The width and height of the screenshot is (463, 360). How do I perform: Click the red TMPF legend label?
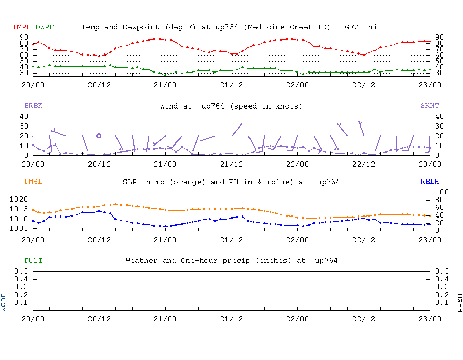pos(22,27)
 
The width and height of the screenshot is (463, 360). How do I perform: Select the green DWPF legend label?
pos(44,27)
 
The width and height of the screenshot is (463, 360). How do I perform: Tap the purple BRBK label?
pos(33,106)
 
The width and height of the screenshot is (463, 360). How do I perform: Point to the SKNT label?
pos(430,106)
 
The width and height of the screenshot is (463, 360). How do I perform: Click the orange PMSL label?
pos(33,182)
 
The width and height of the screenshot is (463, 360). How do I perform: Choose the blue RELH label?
pos(430,182)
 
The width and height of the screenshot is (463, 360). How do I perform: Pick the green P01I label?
pos(33,260)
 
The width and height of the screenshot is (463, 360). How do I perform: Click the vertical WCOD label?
pos(4,302)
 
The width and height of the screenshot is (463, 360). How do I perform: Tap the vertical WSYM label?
pos(459,302)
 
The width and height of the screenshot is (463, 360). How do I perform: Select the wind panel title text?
pos(231,106)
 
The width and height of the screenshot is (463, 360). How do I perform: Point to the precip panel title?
pos(231,260)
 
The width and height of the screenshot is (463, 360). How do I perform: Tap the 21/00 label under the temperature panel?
pos(165,84)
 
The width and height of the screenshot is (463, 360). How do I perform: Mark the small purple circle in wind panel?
pos(99,136)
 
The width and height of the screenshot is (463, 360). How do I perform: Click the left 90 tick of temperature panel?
pos(24,37)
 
